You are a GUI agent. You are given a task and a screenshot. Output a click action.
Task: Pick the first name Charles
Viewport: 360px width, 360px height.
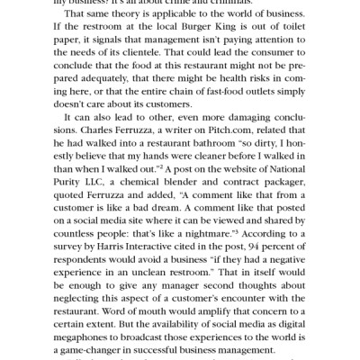tap(56, 140)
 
